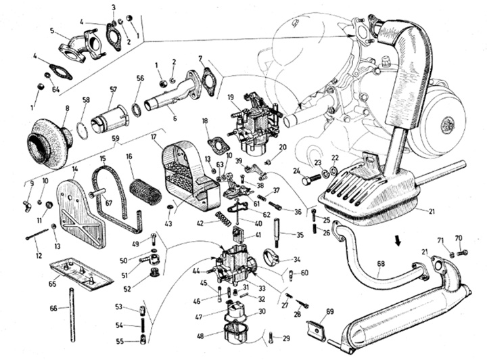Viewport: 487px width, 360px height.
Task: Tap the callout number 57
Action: point(114,89)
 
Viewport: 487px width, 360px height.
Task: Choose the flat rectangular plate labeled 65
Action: point(82,272)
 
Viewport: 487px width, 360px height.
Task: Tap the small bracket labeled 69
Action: point(318,330)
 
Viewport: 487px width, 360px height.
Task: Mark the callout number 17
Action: point(154,137)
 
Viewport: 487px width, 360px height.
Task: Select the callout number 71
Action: point(440,240)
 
